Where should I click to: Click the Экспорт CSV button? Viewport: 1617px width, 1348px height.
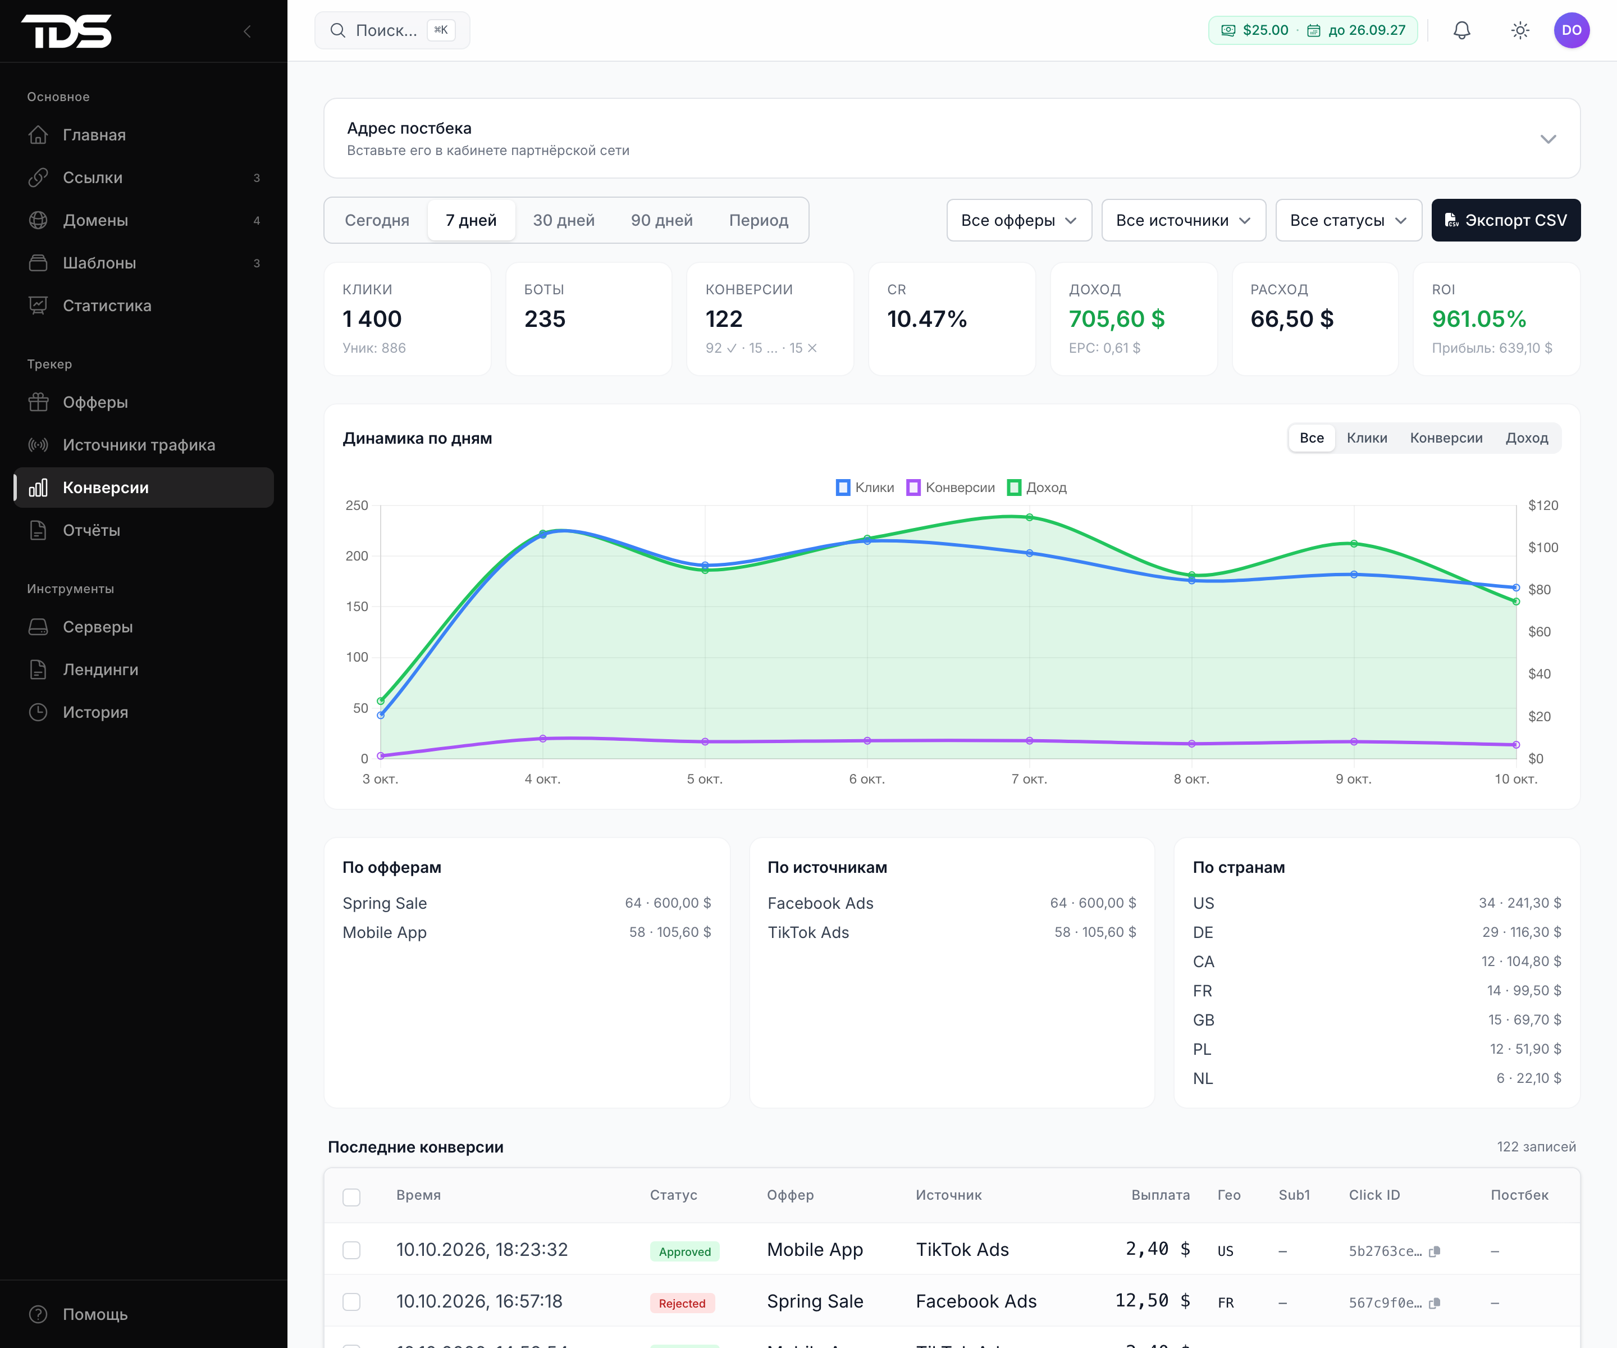tap(1505, 220)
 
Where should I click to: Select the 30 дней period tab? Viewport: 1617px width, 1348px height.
tap(564, 220)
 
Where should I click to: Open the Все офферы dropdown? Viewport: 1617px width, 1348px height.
tap(1018, 220)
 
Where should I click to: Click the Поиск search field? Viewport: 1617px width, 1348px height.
tap(392, 30)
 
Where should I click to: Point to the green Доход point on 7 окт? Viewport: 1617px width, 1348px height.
tap(1030, 517)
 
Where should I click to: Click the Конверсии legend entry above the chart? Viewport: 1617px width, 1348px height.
tap(951, 488)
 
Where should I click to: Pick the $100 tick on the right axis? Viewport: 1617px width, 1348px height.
tap(1543, 548)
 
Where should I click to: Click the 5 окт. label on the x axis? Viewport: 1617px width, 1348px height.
tap(705, 780)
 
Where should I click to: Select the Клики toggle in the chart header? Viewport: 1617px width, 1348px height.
tap(1367, 438)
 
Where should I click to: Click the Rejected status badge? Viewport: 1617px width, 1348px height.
tap(682, 1303)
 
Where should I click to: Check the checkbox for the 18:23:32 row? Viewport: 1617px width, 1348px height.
tap(351, 1250)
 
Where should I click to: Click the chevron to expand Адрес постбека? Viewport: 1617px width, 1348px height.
tap(1549, 139)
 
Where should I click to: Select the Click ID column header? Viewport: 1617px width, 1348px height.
tap(1374, 1195)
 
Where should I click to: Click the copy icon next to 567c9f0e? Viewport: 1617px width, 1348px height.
tap(1435, 1303)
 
